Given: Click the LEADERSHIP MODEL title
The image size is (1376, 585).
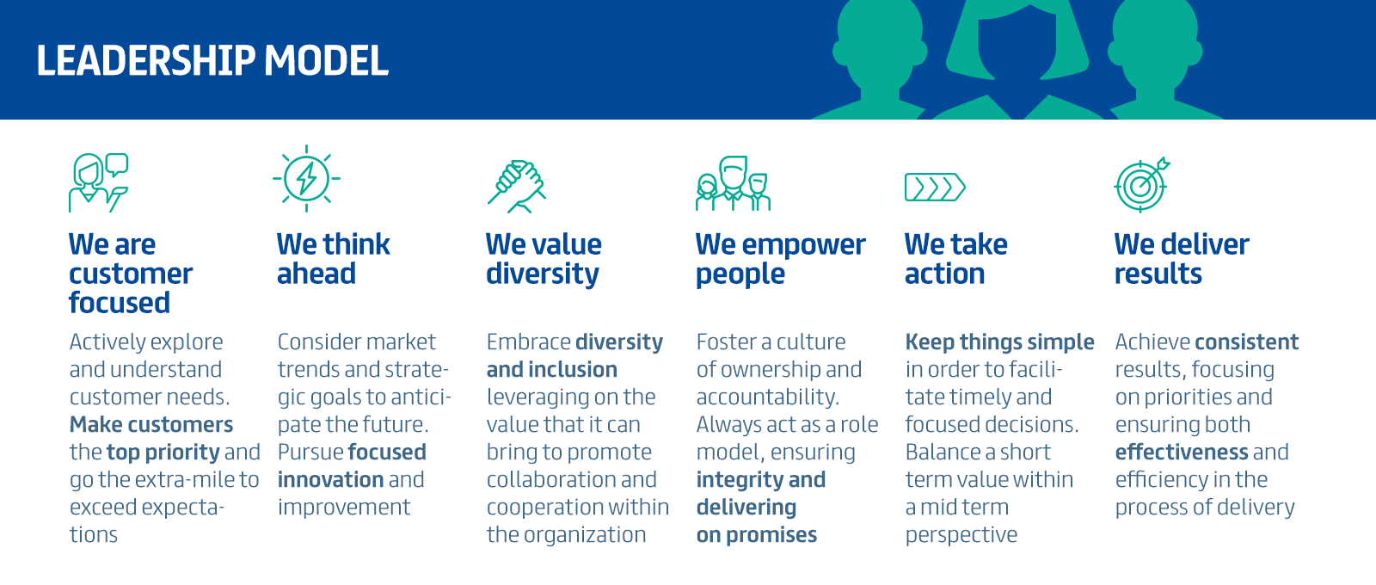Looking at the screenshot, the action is (212, 60).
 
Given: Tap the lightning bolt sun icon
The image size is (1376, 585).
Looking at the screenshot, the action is (306, 179).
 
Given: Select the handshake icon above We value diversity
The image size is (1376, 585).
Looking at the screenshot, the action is (517, 186).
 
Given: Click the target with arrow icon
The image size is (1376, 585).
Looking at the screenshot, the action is (1142, 185).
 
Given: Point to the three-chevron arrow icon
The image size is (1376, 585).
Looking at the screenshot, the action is (935, 188).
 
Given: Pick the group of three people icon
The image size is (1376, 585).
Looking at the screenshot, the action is (733, 183).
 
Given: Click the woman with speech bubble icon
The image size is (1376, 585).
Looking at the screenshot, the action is (98, 182).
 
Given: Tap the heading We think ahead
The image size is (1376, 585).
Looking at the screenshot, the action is (333, 259).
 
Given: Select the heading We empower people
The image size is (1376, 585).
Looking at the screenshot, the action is (780, 259).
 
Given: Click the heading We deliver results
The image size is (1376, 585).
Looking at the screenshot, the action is (1182, 259).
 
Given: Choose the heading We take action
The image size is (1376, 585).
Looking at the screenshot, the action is (955, 259).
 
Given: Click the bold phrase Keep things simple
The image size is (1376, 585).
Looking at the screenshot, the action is (999, 342).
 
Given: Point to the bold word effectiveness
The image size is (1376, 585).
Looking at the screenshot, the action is (1182, 453).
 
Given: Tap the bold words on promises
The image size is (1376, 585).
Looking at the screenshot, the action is (756, 535).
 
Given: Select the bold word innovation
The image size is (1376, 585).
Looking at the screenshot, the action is (330, 479).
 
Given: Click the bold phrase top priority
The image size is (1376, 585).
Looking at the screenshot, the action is (163, 453).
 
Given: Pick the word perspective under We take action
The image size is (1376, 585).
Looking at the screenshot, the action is (961, 535).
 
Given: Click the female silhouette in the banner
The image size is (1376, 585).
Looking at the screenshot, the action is (1018, 59).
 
